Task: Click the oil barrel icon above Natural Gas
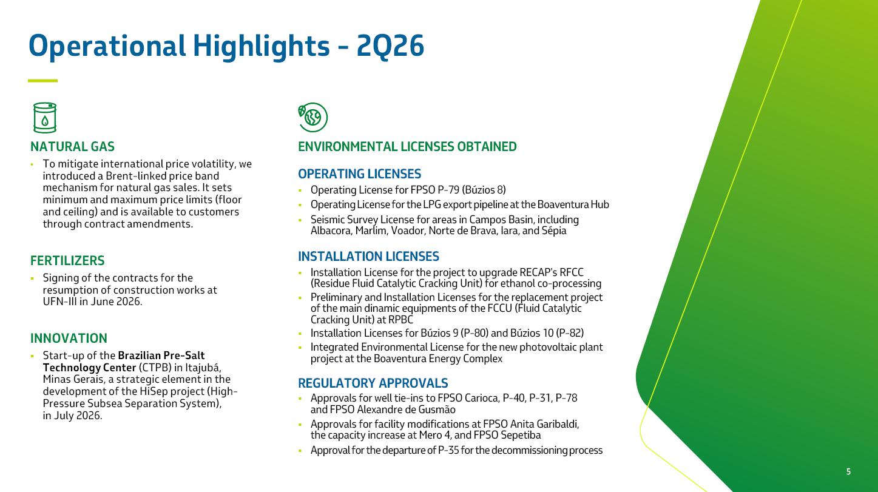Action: pos(45,118)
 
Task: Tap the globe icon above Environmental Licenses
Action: pos(312,117)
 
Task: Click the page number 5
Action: pos(848,471)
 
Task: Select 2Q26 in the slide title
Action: pos(390,46)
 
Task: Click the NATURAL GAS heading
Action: pos(73,147)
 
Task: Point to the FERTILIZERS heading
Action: pos(67,261)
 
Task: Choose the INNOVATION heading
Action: pos(69,339)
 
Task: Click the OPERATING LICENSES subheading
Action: pos(359,174)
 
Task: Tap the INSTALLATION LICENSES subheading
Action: pos(368,257)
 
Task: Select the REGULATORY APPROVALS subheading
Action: pos(373,383)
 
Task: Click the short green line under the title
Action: pos(42,81)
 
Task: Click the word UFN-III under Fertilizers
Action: pos(59,302)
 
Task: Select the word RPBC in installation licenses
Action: pos(400,320)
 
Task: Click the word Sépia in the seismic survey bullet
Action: pos(554,231)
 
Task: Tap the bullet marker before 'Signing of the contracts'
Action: pos(32,278)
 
